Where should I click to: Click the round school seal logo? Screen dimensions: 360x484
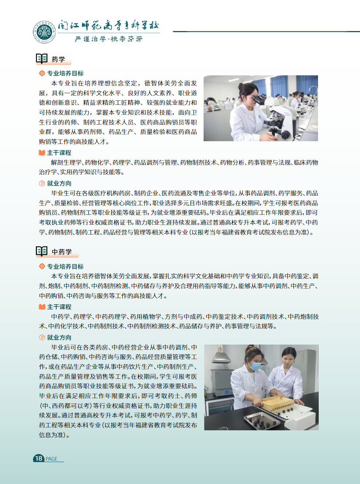44,32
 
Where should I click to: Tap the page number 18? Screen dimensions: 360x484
39,458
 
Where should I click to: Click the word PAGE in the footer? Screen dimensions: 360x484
52,459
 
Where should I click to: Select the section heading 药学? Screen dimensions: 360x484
58,59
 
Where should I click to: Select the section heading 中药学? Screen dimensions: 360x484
62,252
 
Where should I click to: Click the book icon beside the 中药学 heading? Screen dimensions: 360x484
41,251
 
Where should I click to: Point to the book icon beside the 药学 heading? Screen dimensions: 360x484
41,58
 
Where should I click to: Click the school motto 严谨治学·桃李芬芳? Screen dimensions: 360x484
109,39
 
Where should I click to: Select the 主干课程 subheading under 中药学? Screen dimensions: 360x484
59,307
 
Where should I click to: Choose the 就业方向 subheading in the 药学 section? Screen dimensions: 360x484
59,183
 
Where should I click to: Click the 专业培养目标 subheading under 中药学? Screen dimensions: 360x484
65,266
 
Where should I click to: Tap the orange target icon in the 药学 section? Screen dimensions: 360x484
42,73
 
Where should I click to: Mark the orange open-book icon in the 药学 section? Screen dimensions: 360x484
42,153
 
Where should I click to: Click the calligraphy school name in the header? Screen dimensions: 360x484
109,26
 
